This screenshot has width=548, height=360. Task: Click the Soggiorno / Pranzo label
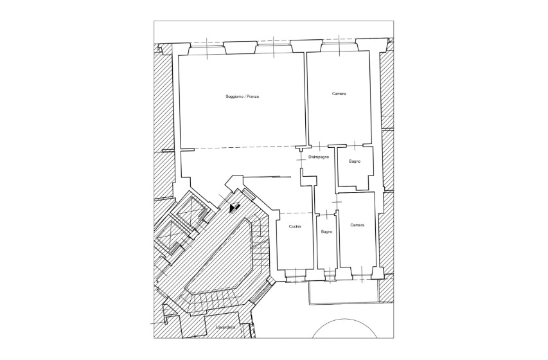point(242,96)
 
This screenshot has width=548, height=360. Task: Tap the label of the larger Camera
point(339,94)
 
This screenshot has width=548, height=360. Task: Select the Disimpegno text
point(319,157)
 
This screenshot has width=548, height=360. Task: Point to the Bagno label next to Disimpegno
point(355,161)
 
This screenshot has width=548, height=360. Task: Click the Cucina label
point(295,227)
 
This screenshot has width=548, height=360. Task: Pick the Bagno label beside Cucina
point(327,231)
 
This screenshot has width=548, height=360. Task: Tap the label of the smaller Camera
point(357,225)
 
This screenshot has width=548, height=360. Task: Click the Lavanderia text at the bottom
point(225,327)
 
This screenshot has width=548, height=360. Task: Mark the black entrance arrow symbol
point(234,208)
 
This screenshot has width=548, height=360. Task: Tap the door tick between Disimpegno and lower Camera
point(337,203)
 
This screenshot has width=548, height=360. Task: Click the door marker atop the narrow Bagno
point(326,215)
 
